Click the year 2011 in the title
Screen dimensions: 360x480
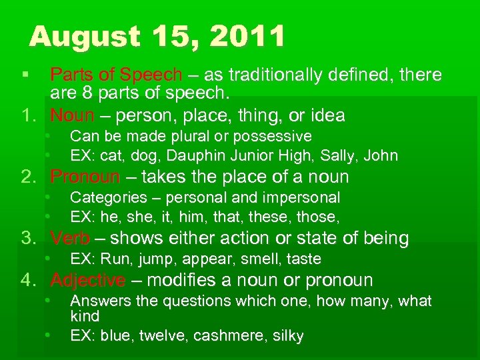point(247,37)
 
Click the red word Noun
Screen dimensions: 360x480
point(73,116)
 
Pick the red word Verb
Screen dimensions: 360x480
point(70,239)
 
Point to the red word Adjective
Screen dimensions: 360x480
point(87,281)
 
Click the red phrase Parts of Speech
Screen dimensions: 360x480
point(116,75)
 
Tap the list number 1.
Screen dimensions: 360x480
point(27,116)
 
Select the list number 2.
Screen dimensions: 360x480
point(27,177)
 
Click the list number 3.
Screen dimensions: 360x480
point(27,239)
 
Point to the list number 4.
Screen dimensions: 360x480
point(27,281)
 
